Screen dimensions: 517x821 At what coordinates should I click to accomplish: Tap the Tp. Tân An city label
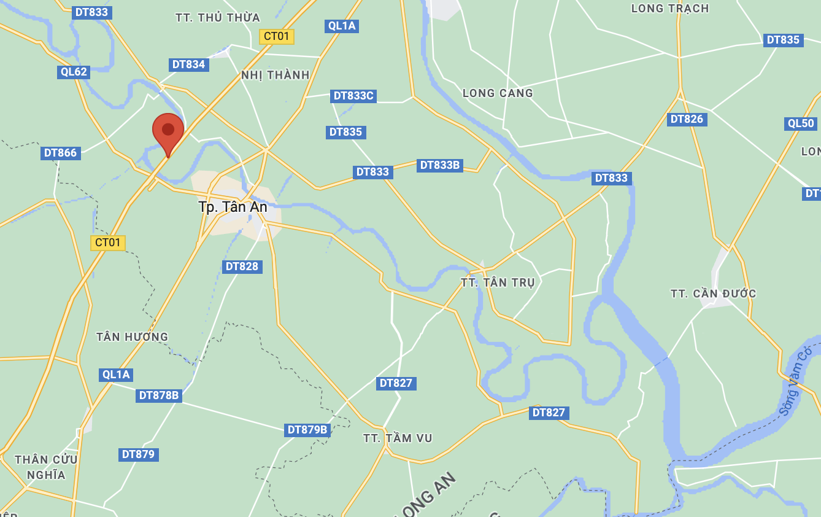(233, 207)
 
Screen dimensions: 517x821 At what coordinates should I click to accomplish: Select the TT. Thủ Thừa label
(218, 18)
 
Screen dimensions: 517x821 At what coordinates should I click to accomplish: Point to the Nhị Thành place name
(276, 75)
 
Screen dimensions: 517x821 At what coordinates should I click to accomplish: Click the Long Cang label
(498, 93)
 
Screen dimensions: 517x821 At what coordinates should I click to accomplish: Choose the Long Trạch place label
(670, 9)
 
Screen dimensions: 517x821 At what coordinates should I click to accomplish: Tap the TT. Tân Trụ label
(498, 282)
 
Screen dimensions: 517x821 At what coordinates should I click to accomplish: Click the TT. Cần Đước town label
(713, 293)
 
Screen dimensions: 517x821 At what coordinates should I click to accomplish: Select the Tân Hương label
(132, 336)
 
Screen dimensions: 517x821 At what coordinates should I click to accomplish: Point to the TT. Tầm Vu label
(398, 438)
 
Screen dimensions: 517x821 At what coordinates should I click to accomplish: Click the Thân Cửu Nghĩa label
(46, 467)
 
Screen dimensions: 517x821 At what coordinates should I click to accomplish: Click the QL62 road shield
(74, 72)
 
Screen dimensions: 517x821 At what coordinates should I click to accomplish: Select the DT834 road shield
(188, 64)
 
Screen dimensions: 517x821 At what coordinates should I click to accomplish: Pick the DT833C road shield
(353, 96)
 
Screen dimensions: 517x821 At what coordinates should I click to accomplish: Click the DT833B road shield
(439, 165)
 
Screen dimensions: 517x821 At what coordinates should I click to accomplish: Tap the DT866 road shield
(61, 153)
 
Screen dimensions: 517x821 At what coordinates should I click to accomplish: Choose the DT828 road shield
(242, 266)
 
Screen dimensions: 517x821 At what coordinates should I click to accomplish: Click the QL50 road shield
(801, 123)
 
